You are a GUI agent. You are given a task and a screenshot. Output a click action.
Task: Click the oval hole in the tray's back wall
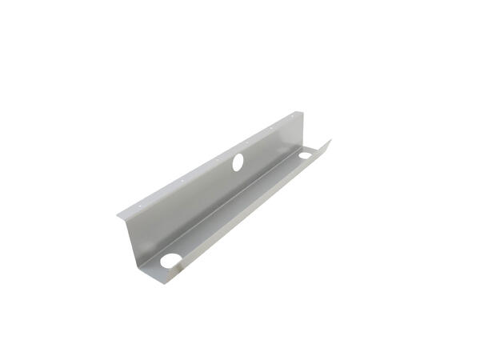point(238,161)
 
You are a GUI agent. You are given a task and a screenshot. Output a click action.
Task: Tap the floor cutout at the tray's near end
point(171,260)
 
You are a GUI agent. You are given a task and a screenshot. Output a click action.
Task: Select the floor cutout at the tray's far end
point(306,155)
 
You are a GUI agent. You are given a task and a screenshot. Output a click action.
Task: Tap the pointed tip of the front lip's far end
point(330,141)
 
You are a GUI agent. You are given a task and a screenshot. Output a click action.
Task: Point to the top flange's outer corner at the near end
point(118,216)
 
